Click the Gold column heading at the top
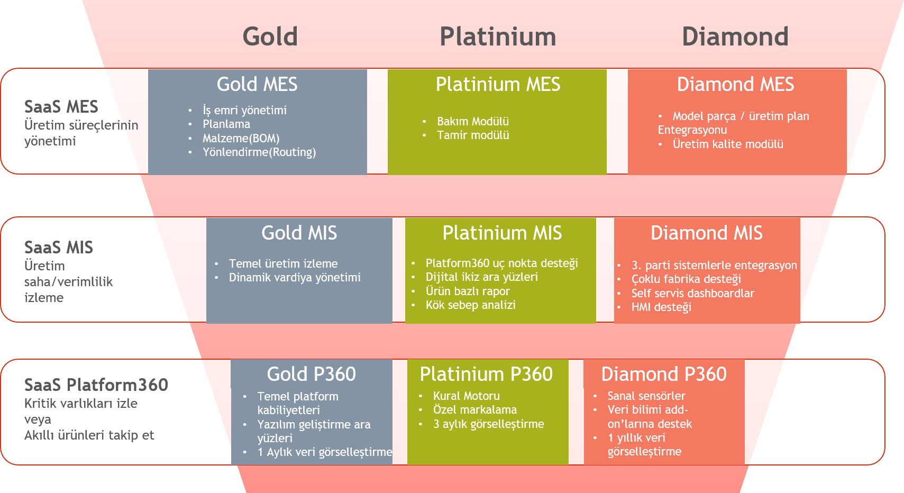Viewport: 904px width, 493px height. [270, 36]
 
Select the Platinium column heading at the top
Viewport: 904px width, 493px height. [498, 36]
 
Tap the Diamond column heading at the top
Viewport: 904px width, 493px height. [735, 36]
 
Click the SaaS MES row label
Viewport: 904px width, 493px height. [61, 107]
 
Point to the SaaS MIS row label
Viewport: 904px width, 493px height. [59, 248]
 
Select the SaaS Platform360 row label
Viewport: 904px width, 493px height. [96, 385]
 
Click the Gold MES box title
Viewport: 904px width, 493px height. [257, 84]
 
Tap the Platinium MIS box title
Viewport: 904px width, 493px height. [502, 233]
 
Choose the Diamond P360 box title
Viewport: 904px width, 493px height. [664, 374]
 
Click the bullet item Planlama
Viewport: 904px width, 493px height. [226, 124]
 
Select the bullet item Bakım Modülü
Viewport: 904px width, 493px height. [472, 121]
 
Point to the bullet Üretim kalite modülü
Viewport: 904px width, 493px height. [728, 144]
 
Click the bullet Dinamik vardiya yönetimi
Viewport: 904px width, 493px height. [295, 278]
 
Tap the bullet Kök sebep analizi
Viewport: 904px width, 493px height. [471, 305]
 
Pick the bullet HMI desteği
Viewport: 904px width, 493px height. [661, 307]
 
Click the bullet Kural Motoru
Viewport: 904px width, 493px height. [466, 396]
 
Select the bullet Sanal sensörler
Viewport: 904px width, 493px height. [646, 396]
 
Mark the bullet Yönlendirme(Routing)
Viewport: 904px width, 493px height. [259, 152]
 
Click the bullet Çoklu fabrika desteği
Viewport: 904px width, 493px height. [686, 279]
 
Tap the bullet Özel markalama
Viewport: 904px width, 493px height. [474, 410]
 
